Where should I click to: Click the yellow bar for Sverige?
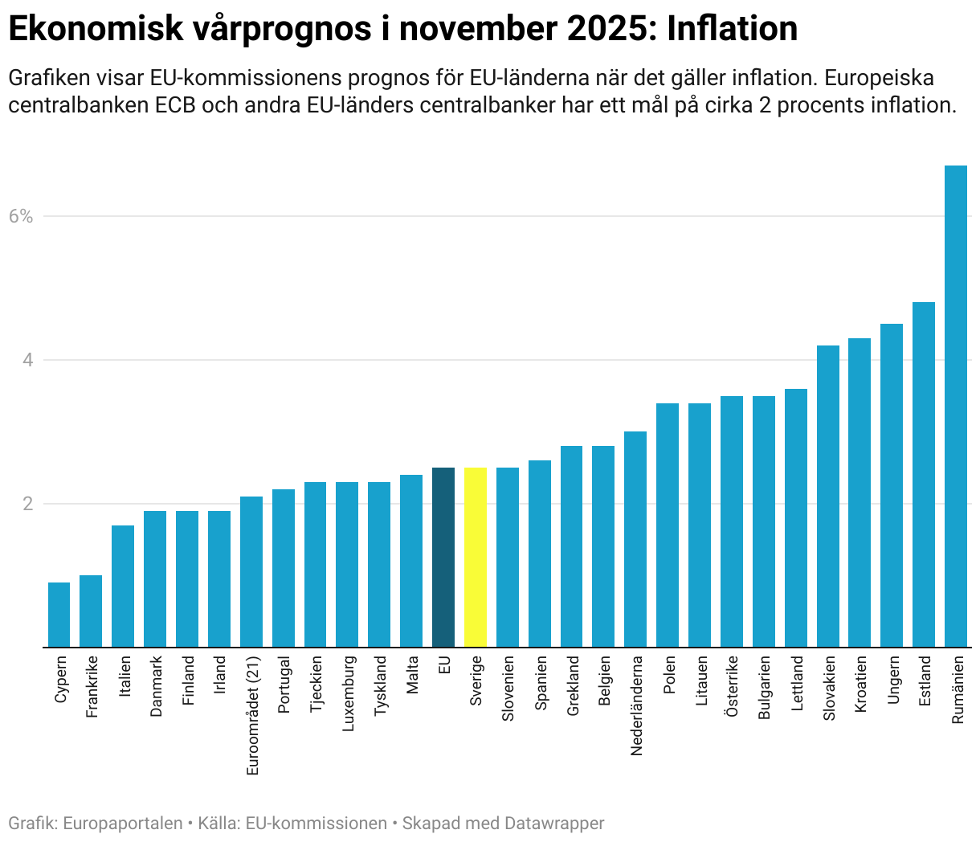point(476,557)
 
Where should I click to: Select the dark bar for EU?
point(443,557)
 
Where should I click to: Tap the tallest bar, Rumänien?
point(955,406)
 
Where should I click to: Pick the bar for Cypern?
point(59,615)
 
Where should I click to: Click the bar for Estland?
point(924,474)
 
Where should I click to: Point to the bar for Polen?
point(668,525)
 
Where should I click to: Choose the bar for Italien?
point(123,586)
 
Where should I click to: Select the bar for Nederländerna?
point(635,539)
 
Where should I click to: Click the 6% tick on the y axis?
point(21,216)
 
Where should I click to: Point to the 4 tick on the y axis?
point(28,360)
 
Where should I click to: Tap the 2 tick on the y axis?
point(28,504)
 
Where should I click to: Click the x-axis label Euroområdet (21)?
point(252,715)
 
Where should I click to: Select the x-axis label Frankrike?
point(92,687)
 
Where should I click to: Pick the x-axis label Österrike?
point(732,686)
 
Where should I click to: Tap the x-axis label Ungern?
point(892,680)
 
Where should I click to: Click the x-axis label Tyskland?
point(380,685)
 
